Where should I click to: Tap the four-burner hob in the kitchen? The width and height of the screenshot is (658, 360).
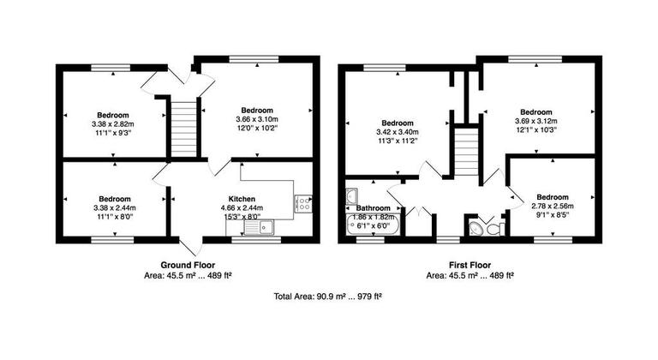[x=303, y=203]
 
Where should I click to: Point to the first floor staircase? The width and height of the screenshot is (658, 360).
[x=464, y=152]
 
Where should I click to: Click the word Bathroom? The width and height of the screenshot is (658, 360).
[x=374, y=208]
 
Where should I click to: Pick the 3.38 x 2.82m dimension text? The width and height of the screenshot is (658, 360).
[x=113, y=124]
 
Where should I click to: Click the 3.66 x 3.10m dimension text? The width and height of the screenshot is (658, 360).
[x=257, y=119]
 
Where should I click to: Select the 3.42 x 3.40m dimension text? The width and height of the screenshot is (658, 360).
[x=398, y=132]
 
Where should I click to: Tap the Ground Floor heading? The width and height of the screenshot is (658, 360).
[x=188, y=265]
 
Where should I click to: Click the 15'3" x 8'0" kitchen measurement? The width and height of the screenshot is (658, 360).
[x=242, y=217]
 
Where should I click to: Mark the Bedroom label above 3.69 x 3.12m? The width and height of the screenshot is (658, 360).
[x=535, y=111]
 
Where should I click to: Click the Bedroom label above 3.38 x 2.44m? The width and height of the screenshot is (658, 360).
[x=113, y=198]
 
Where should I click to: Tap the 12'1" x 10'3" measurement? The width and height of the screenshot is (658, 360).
[x=535, y=130]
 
